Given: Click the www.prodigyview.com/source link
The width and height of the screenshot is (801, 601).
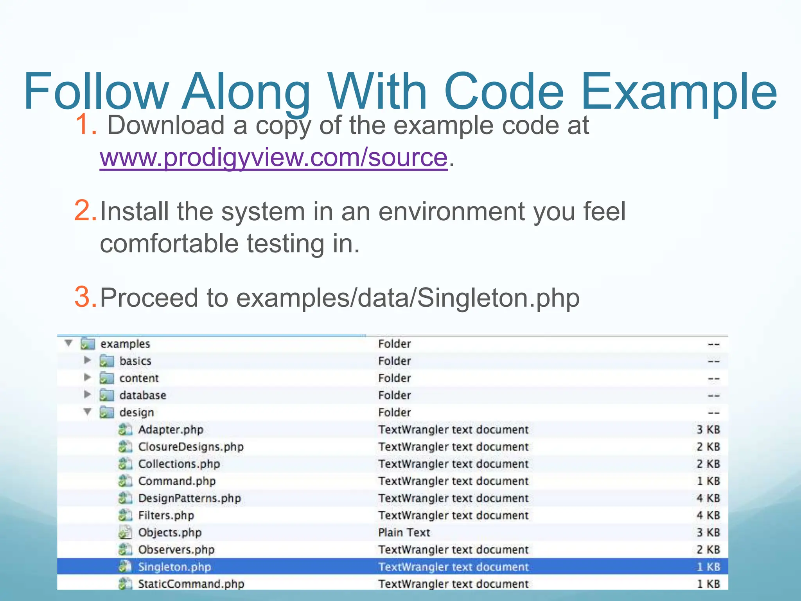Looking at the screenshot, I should pyautogui.click(x=273, y=158).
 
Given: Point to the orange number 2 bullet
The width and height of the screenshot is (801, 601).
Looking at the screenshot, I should pyautogui.click(x=85, y=211).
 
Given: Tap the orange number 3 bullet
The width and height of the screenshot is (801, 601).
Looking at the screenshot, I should pyautogui.click(x=85, y=297).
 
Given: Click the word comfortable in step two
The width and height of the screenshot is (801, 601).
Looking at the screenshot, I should pyautogui.click(x=169, y=243).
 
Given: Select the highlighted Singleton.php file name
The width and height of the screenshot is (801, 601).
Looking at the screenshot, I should pyautogui.click(x=174, y=567).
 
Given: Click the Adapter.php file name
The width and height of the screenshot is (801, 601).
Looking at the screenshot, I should pyautogui.click(x=171, y=430).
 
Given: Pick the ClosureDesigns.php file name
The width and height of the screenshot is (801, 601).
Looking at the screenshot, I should pyautogui.click(x=191, y=447).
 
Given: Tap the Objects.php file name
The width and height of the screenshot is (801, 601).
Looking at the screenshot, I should pyautogui.click(x=170, y=533).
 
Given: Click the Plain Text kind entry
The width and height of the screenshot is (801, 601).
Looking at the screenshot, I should pyautogui.click(x=404, y=533).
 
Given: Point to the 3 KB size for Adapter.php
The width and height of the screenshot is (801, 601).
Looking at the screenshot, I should pyautogui.click(x=708, y=430).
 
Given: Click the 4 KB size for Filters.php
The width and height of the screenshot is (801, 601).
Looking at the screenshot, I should pyautogui.click(x=708, y=515).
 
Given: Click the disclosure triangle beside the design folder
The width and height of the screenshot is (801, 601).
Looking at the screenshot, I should pyautogui.click(x=88, y=412).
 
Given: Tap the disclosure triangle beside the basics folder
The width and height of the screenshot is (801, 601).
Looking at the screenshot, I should pyautogui.click(x=88, y=360).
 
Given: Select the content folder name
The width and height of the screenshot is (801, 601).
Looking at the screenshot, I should pyautogui.click(x=139, y=378).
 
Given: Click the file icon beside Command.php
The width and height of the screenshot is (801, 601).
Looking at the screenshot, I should pyautogui.click(x=125, y=481).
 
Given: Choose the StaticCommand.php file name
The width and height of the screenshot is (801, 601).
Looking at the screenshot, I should pyautogui.click(x=191, y=584).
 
